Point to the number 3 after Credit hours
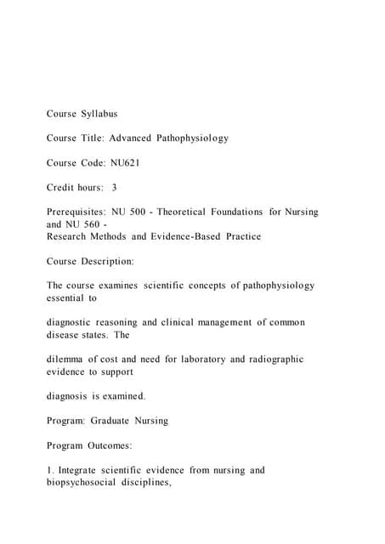(114, 187)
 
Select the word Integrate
(83, 470)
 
